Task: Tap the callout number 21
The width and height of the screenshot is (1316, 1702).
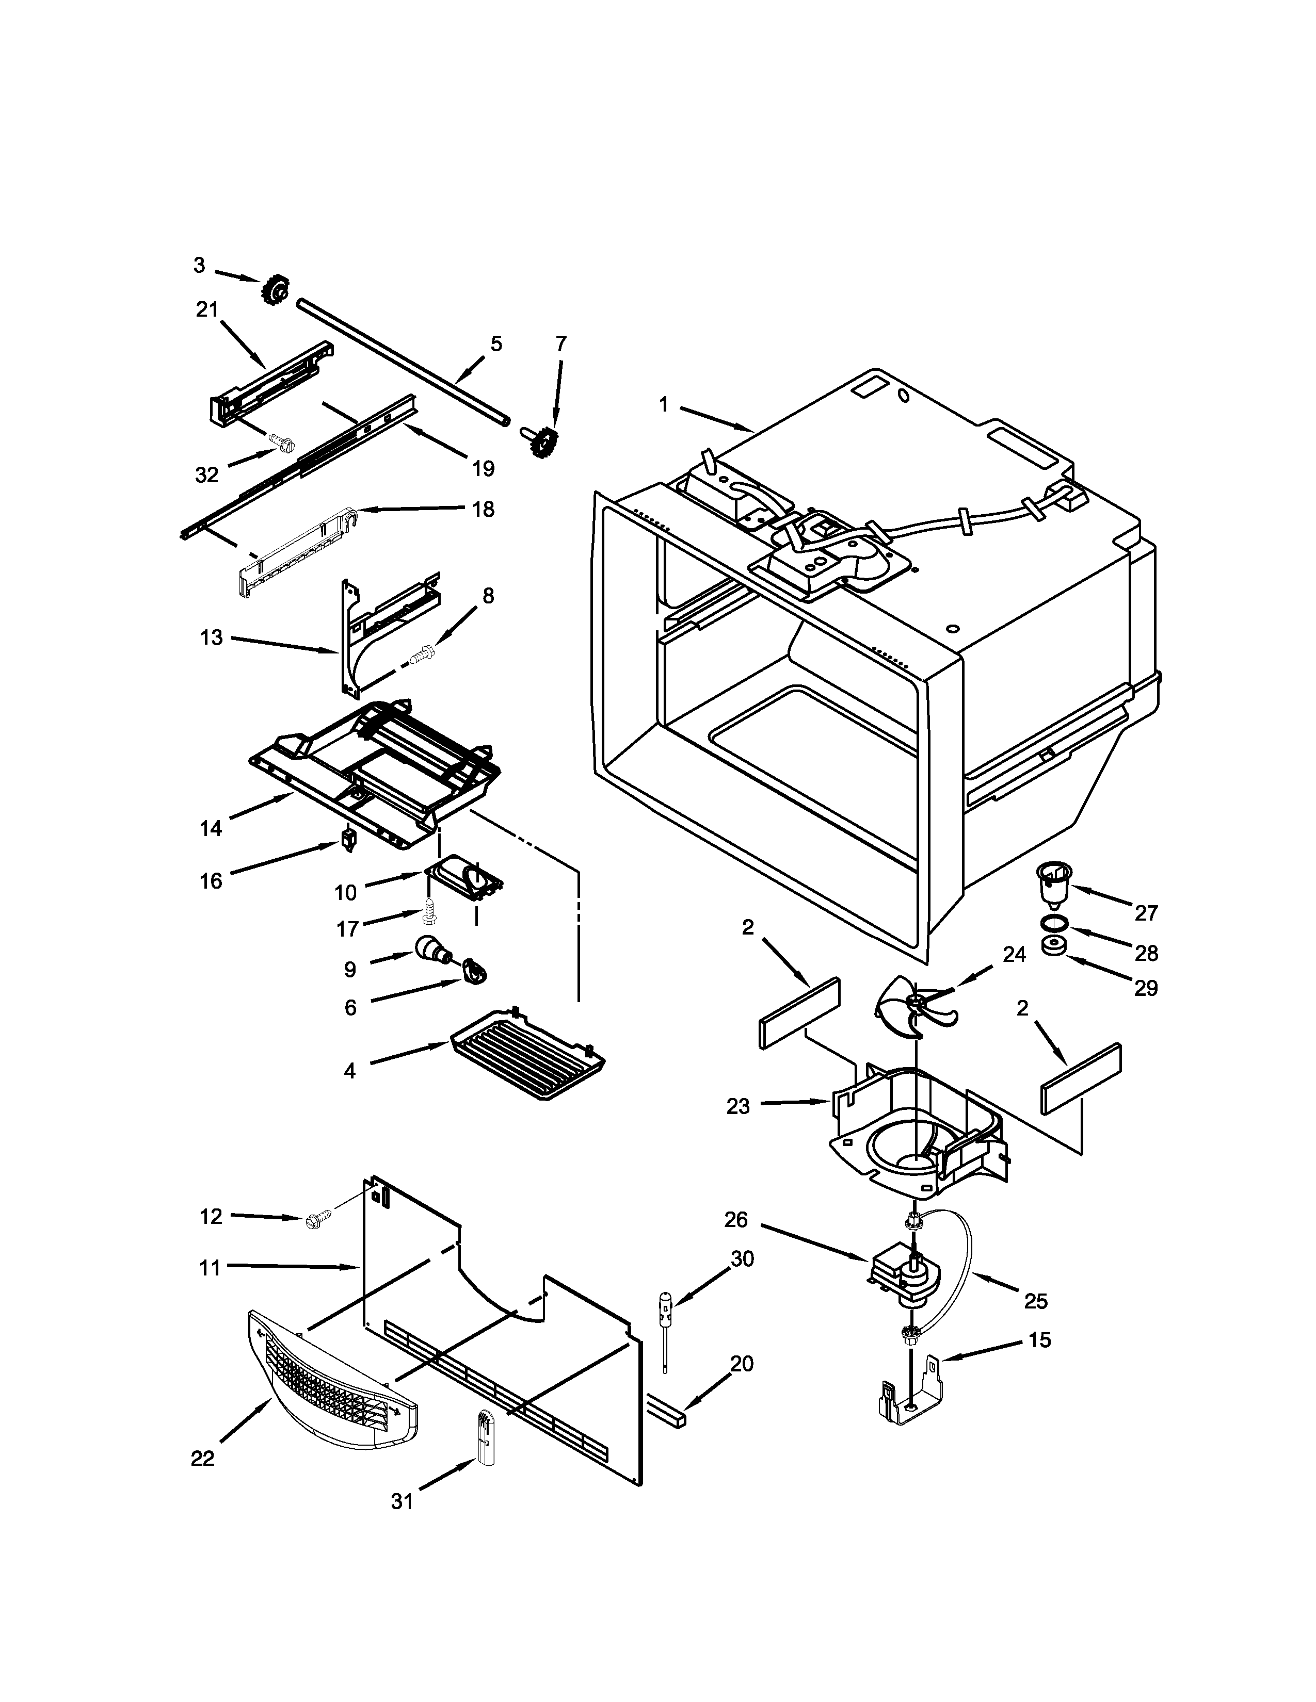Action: coord(206,309)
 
